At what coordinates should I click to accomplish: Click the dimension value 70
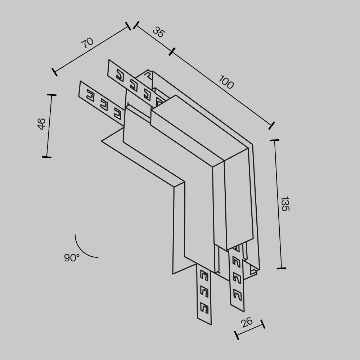[87, 42]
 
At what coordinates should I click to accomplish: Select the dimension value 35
[158, 32]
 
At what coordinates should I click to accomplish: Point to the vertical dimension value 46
[41, 124]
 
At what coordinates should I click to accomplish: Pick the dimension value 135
[284, 204]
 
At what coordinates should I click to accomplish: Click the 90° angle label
[72, 258]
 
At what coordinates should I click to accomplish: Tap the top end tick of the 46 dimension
[51, 95]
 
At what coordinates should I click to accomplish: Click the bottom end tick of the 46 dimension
[46, 157]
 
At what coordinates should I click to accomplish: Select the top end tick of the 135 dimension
[274, 140]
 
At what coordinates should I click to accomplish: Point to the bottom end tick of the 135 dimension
[281, 268]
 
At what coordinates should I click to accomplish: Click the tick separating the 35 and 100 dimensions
[172, 52]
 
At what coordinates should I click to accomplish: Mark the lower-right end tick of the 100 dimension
[271, 125]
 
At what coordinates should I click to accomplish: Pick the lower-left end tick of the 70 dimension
[54, 72]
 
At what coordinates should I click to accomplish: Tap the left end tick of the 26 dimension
[237, 335]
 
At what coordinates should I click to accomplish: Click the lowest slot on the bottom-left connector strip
[204, 307]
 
